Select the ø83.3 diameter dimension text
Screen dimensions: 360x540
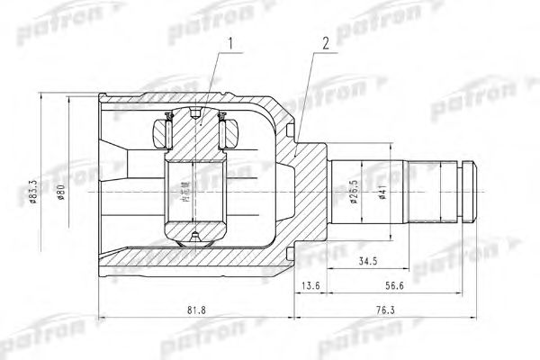tap(32, 193)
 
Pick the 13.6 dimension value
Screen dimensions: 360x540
tap(310, 286)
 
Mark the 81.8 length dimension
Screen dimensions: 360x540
tap(193, 311)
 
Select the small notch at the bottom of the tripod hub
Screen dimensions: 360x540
tap(193, 238)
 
